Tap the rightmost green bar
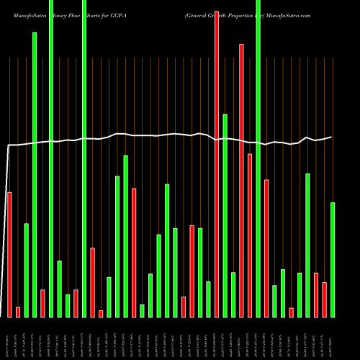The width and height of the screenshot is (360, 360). tap(333, 259)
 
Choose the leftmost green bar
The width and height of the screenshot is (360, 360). tap(26, 270)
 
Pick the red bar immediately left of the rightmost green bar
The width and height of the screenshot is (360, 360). tap(324, 300)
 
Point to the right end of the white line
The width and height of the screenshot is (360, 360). tap(332, 137)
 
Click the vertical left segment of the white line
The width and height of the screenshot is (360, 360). tap(6, 230)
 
